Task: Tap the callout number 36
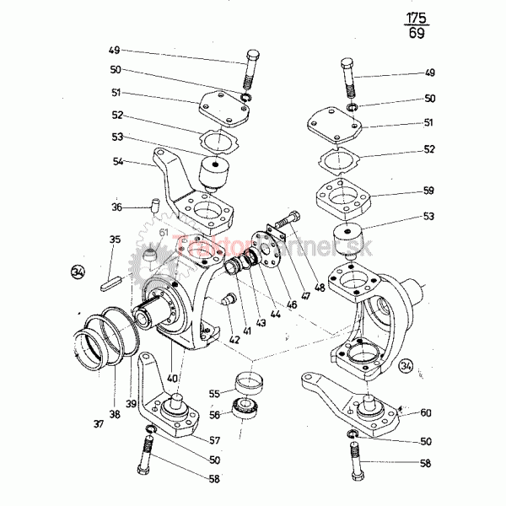pyautogui.click(x=116, y=206)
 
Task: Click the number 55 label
pyautogui.click(x=214, y=393)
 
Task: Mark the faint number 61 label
pyautogui.click(x=163, y=234)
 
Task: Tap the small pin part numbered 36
pyautogui.click(x=153, y=202)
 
